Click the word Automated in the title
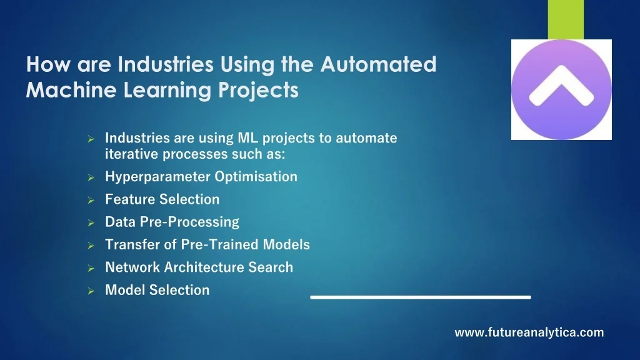click(378, 64)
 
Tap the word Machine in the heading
click(71, 90)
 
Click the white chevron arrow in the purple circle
click(561, 86)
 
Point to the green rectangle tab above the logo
click(566, 19)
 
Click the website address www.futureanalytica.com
click(529, 332)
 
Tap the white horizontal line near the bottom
click(421, 297)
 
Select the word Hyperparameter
click(158, 177)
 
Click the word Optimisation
click(256, 177)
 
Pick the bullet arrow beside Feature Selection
click(91, 201)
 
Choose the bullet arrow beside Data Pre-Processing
click(91, 223)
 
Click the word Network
click(132, 267)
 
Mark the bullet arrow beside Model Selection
click(91, 291)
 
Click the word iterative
click(132, 154)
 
